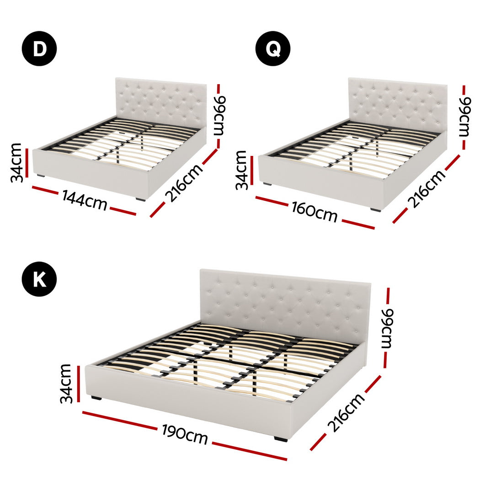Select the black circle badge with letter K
coord(39,279)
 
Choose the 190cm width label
coord(185,434)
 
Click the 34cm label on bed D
coord(17,162)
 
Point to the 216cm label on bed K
coord(346,412)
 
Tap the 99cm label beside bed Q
coord(464,117)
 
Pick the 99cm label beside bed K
coord(388,328)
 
